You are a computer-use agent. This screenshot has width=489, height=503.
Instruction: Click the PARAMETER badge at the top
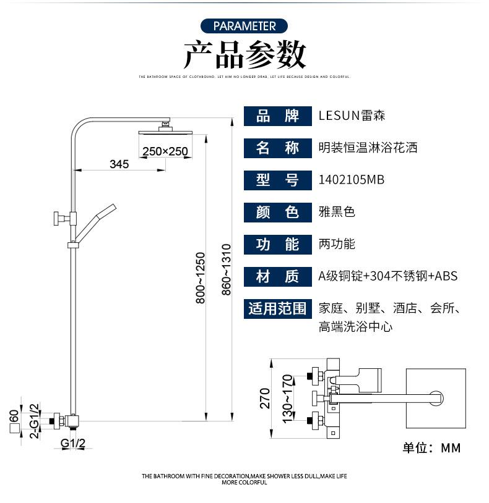[x=244, y=26]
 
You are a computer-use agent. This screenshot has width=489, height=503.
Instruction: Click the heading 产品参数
[x=244, y=55]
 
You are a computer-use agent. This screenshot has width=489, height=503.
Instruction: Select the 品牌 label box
[x=277, y=116]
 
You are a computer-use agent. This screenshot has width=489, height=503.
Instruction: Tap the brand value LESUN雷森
[x=352, y=116]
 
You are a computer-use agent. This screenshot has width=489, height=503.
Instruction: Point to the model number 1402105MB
[x=351, y=180]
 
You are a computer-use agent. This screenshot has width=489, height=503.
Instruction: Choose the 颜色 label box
[x=277, y=212]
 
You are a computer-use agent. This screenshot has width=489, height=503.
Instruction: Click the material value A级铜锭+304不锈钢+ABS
[x=388, y=276]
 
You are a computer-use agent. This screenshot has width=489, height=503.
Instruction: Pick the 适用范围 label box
[x=277, y=308]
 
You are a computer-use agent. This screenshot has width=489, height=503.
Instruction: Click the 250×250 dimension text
[x=165, y=151]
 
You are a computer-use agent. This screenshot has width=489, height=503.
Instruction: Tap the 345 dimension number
[x=119, y=164]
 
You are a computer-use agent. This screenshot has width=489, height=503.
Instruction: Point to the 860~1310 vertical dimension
[x=226, y=269]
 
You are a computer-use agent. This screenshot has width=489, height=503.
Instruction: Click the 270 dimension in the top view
[x=265, y=399]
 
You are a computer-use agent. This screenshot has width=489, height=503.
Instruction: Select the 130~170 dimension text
[x=287, y=399]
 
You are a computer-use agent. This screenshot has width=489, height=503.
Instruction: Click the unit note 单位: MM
[x=431, y=448]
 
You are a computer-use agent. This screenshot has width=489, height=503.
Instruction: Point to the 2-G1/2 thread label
[x=35, y=421]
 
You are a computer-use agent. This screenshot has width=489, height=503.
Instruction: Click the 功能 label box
[x=277, y=244]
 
